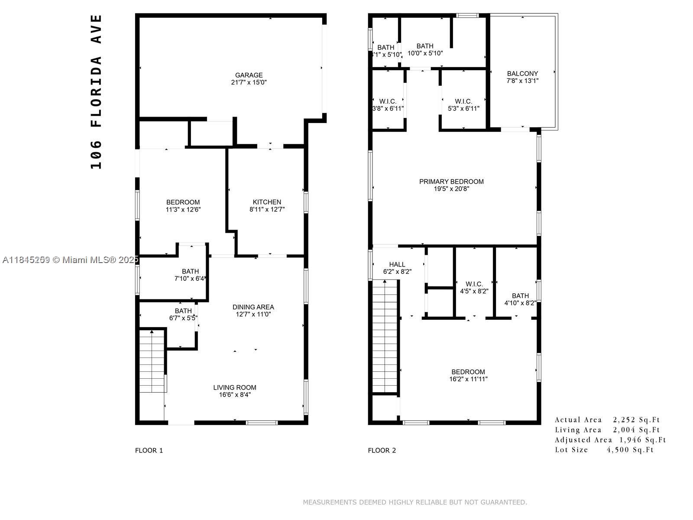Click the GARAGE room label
pyautogui.click(x=249, y=75)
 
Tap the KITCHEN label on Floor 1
pyautogui.click(x=267, y=202)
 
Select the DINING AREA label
pyautogui.click(x=253, y=307)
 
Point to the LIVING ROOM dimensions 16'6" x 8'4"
pyautogui.click(x=235, y=395)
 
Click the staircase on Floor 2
pyautogui.click(x=385, y=336)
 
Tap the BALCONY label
pyautogui.click(x=522, y=74)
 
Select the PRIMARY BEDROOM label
pyautogui.click(x=451, y=182)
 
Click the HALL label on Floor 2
pyautogui.click(x=397, y=264)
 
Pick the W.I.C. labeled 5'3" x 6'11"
pyautogui.click(x=463, y=105)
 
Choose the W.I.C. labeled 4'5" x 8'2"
pyautogui.click(x=474, y=288)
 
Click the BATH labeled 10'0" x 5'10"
pyautogui.click(x=425, y=49)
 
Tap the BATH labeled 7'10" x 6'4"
pyautogui.click(x=190, y=275)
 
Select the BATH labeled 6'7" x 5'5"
pyautogui.click(x=183, y=314)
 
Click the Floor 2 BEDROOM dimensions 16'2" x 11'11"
pyautogui.click(x=468, y=379)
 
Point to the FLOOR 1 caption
pyautogui.click(x=149, y=450)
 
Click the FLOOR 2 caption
pyautogui.click(x=382, y=450)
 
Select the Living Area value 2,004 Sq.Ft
pyautogui.click(x=636, y=430)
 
